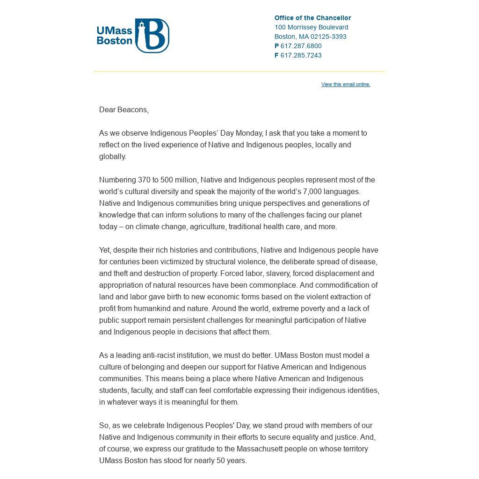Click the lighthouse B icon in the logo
click(152, 36)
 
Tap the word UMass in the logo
click(114, 31)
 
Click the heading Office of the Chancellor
click(312, 18)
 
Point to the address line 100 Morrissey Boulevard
click(311, 27)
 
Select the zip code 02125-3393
click(328, 36)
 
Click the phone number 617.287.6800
click(301, 46)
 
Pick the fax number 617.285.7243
click(301, 55)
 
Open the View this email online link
click(346, 84)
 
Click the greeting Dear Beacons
click(123, 109)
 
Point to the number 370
click(144, 180)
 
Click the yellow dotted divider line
click(239, 72)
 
